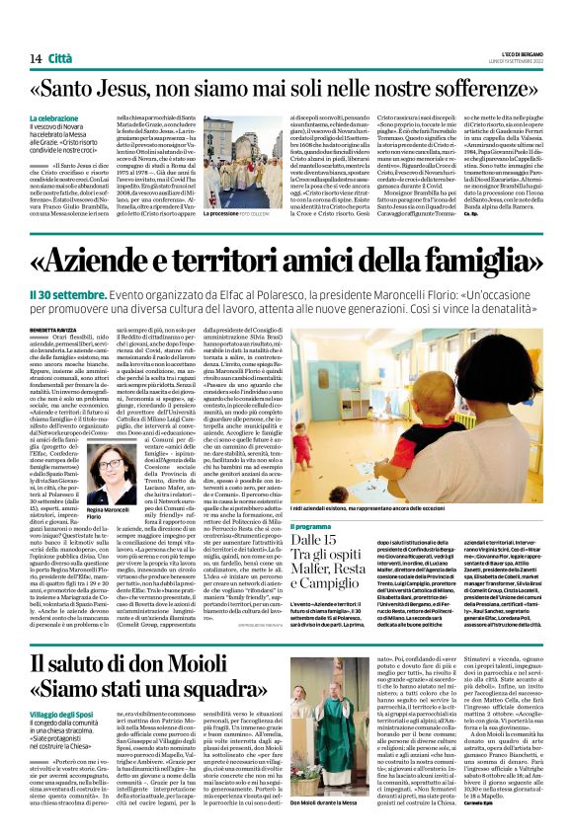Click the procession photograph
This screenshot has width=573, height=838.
point(242,162)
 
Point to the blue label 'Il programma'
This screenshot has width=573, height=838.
point(311,526)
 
